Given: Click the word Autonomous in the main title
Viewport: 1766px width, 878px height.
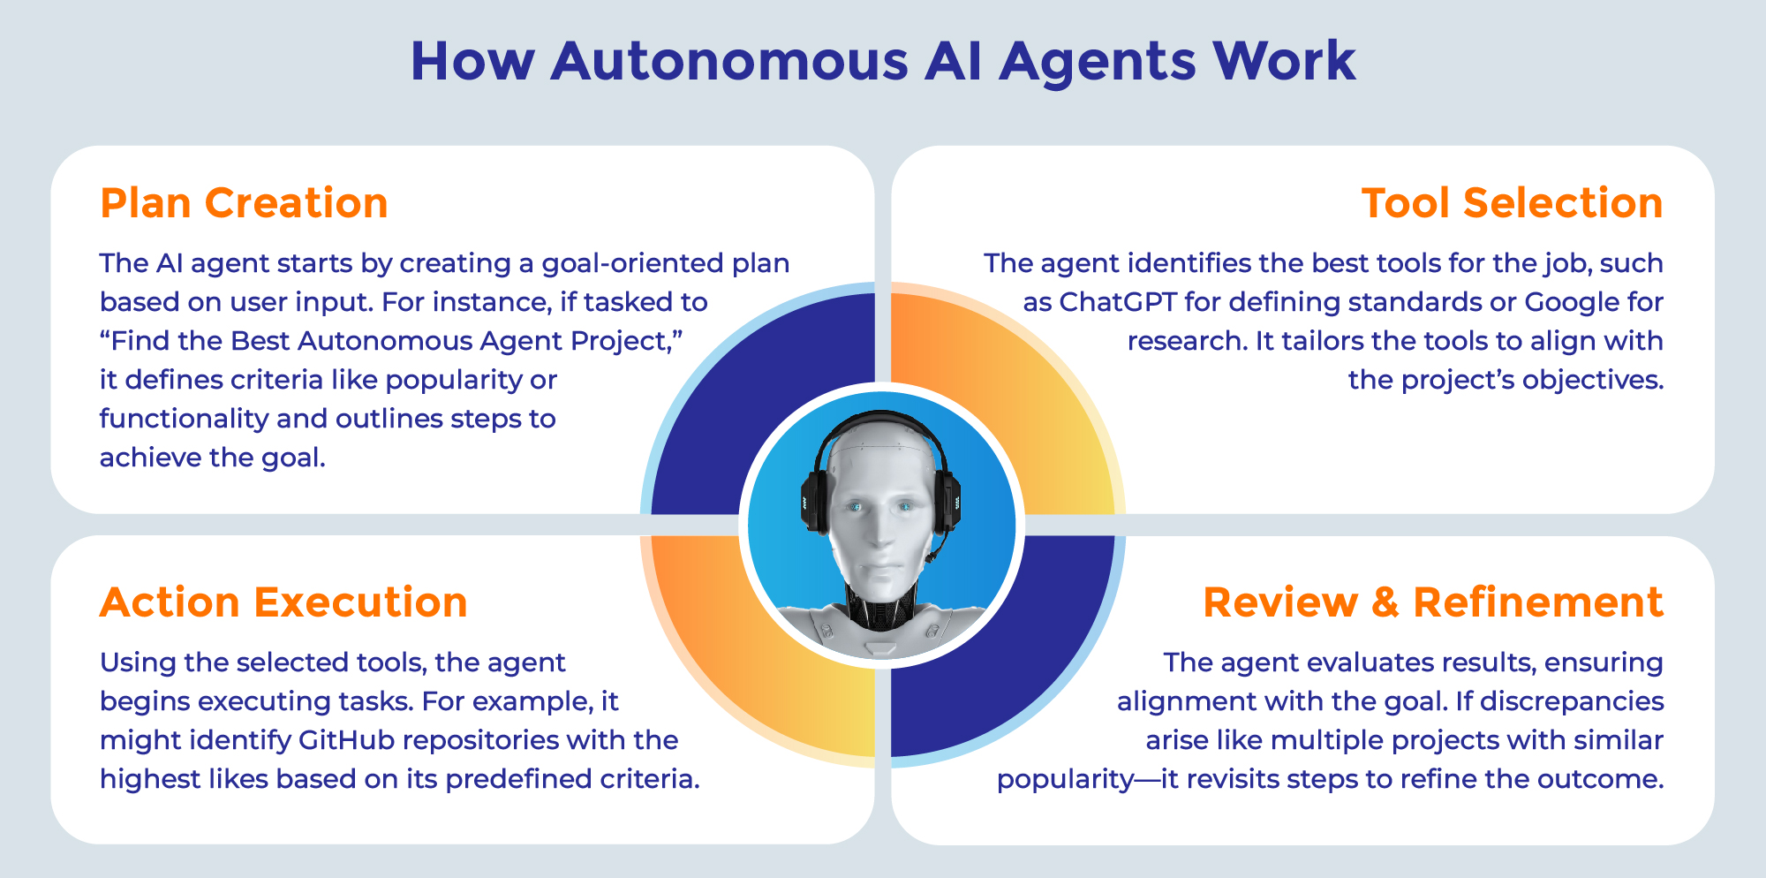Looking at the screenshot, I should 729,62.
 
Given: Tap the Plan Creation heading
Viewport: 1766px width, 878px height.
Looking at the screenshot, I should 244,203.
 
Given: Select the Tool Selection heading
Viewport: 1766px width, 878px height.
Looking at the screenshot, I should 1512,203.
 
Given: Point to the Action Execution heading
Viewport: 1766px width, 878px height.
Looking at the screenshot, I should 283,602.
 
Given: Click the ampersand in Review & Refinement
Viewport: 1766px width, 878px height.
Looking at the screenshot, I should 1385,603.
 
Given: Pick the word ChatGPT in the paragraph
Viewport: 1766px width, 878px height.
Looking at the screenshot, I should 1118,302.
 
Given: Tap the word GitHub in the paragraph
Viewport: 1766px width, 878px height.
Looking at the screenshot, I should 346,740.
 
